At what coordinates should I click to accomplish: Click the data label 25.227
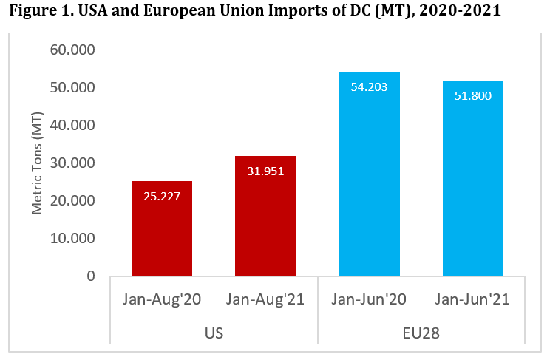click(162, 196)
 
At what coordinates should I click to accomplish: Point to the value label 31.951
click(265, 171)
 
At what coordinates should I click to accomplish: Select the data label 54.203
click(369, 86)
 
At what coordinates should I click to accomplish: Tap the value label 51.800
click(473, 95)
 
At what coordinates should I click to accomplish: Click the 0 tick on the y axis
click(90, 276)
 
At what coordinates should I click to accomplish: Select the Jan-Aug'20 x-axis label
click(162, 299)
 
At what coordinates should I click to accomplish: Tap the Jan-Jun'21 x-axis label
click(473, 299)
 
